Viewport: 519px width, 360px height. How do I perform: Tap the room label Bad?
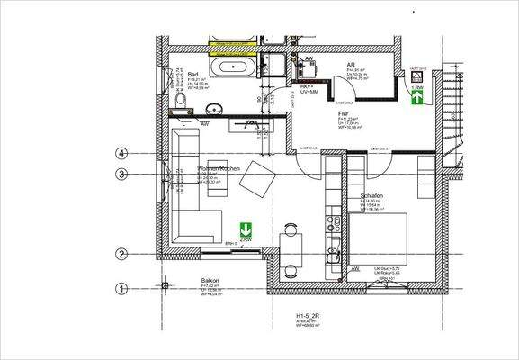click(192, 75)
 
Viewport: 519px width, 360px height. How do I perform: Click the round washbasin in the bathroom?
click(214, 109)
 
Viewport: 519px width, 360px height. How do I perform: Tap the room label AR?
click(352, 65)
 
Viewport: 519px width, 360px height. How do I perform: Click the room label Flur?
click(343, 114)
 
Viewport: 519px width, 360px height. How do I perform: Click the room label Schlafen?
click(373, 194)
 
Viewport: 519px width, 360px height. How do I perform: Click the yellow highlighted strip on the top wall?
click(230, 41)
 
